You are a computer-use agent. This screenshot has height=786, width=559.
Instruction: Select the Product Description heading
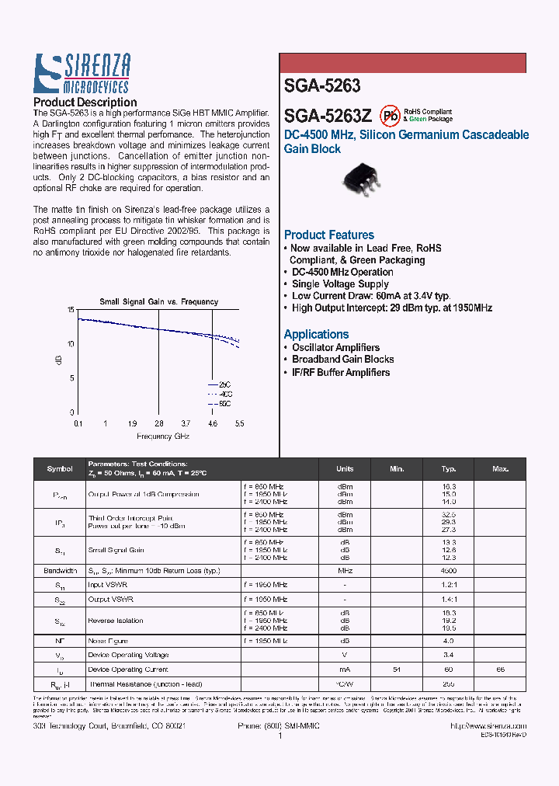point(85,103)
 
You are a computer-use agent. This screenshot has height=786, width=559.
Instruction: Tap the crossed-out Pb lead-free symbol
point(390,116)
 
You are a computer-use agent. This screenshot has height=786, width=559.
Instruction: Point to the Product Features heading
point(328,235)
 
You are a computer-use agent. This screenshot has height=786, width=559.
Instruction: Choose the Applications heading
point(316,334)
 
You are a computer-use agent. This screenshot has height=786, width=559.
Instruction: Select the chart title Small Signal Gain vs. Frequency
point(158,301)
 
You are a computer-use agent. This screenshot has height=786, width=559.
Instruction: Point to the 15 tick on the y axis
point(71,310)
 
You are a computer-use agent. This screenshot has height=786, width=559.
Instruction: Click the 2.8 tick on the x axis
point(158,423)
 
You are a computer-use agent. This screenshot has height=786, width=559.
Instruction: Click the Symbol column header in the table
point(60,469)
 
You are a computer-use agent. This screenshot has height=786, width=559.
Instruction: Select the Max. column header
point(501,469)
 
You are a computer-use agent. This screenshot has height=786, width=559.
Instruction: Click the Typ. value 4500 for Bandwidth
point(449,570)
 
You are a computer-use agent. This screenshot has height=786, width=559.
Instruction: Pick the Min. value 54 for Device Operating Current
point(397,669)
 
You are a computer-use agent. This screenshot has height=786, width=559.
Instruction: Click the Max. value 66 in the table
point(501,669)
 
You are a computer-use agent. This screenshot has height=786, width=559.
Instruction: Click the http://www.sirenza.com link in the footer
point(488,725)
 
